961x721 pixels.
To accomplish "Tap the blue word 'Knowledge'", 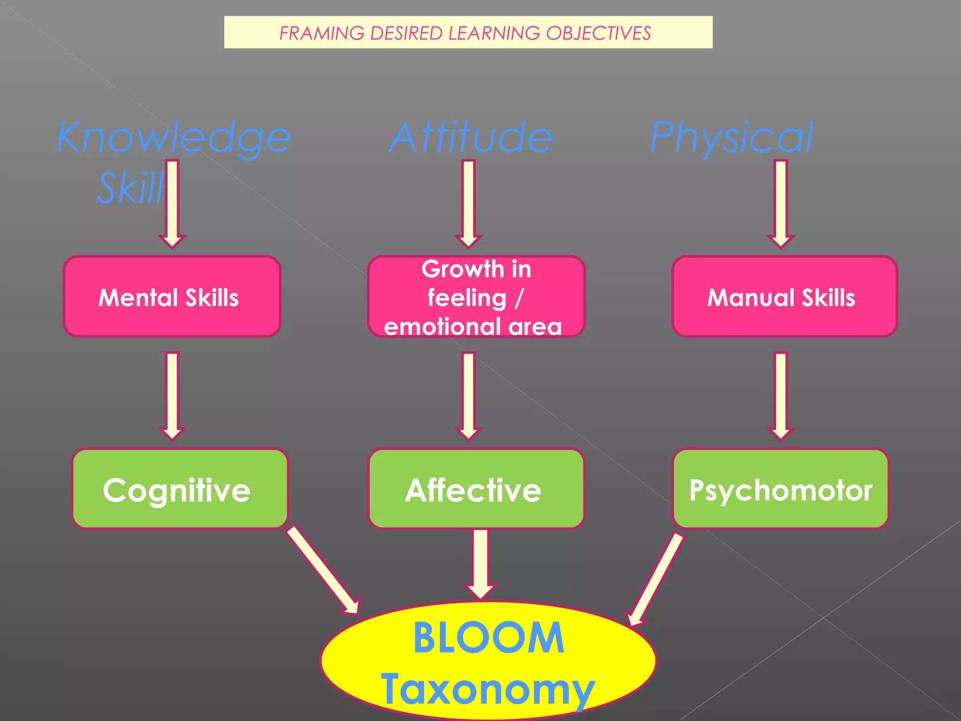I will pyautogui.click(x=174, y=138).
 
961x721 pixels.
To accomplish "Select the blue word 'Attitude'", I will pyautogui.click(x=471, y=138).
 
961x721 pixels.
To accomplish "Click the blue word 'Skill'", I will pyautogui.click(x=130, y=188).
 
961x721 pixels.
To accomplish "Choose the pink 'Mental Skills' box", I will pyautogui.click(x=172, y=297).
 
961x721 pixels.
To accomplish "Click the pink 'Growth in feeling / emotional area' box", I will pyautogui.click(x=476, y=297).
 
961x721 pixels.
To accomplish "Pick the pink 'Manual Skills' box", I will pyautogui.click(x=784, y=297).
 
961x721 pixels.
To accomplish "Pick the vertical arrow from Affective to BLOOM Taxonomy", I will pyautogui.click(x=480, y=563).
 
